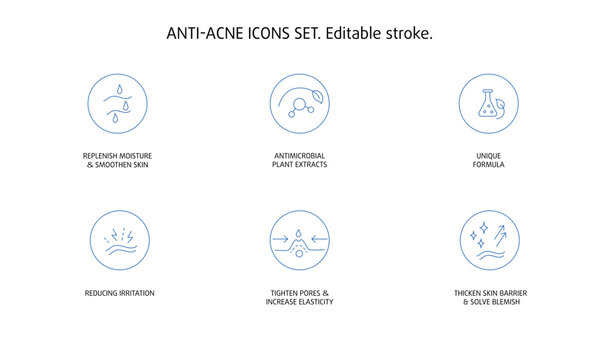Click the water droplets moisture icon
coord(118,104)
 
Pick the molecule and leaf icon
coord(300,104)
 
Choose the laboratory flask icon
coord(489,104)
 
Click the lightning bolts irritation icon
coord(118,241)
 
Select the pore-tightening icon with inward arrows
coord(300,241)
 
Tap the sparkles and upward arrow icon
coord(489,241)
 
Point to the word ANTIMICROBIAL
coord(300,156)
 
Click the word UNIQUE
coord(489,156)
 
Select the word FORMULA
coord(489,164)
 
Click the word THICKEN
coord(470,293)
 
